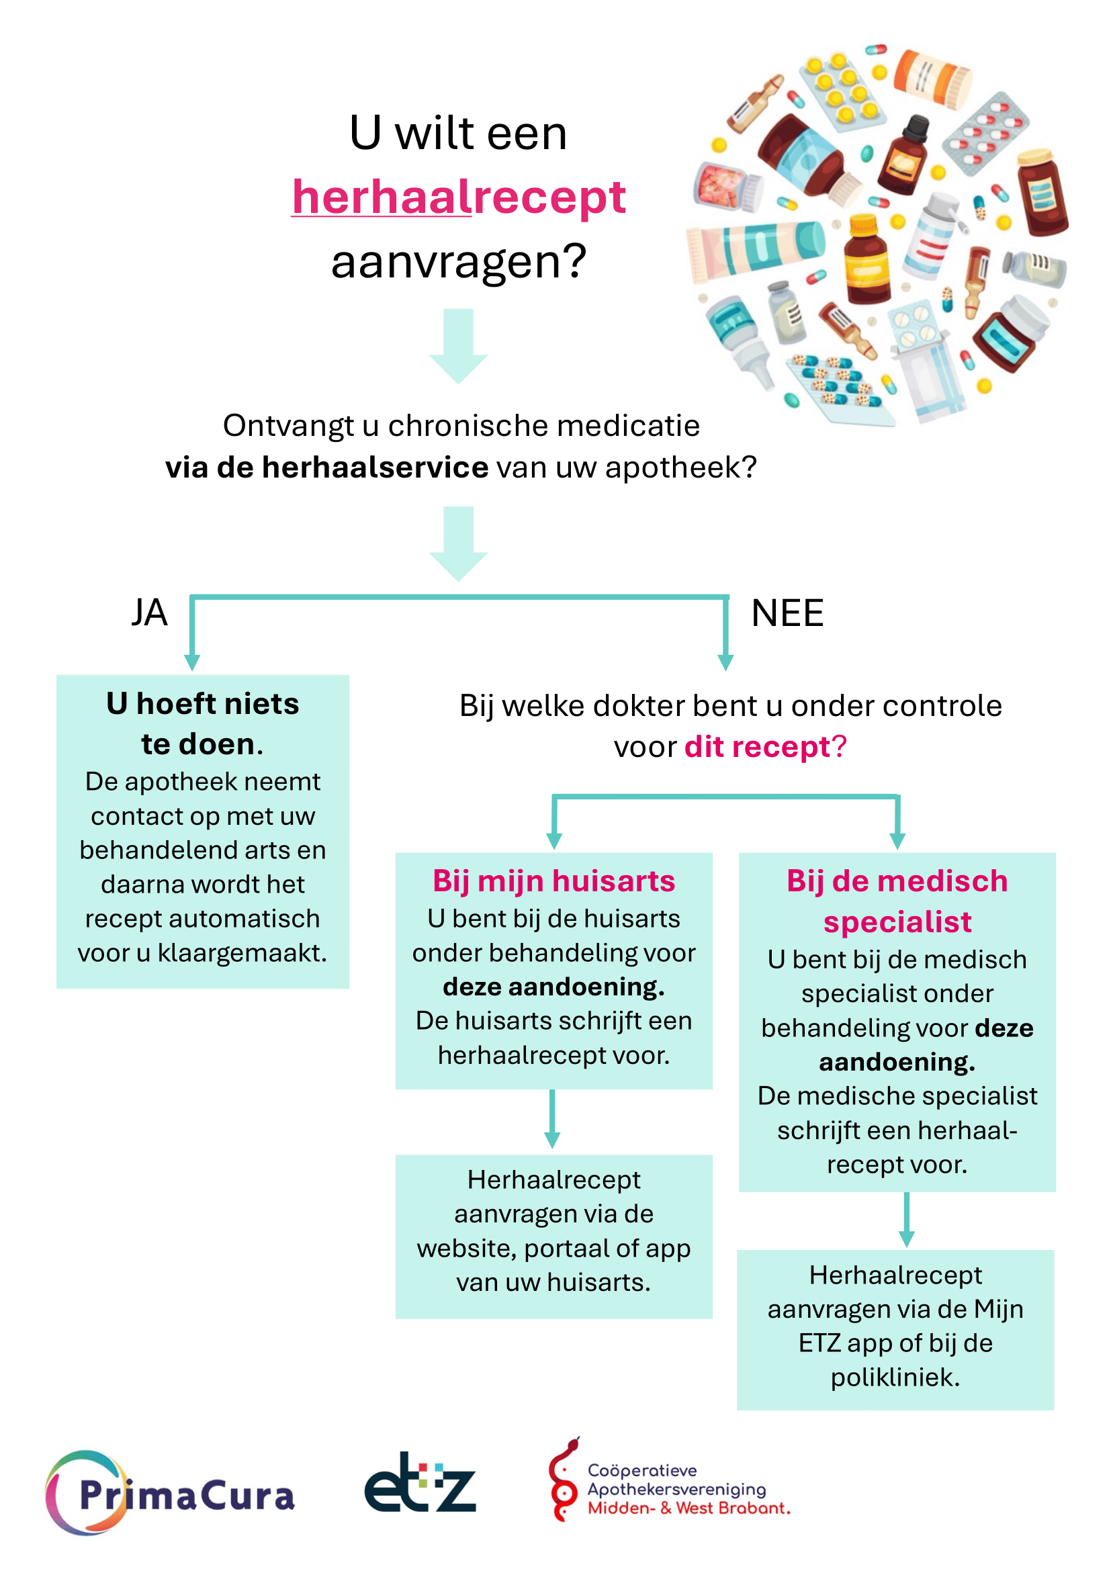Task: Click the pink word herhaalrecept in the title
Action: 458,197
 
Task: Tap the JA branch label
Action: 149,613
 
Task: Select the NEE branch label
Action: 787,613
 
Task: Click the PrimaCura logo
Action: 170,1493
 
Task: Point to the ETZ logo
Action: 420,1482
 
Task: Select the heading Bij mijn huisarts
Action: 553,881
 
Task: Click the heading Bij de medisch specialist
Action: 897,901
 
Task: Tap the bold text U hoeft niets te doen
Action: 202,723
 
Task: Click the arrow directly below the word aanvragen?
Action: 458,346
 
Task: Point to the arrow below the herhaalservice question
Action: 458,544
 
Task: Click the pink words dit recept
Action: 757,746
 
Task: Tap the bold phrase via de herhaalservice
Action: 327,467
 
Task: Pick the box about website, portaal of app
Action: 553,1237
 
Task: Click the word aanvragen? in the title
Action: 458,261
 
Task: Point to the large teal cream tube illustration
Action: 756,251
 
